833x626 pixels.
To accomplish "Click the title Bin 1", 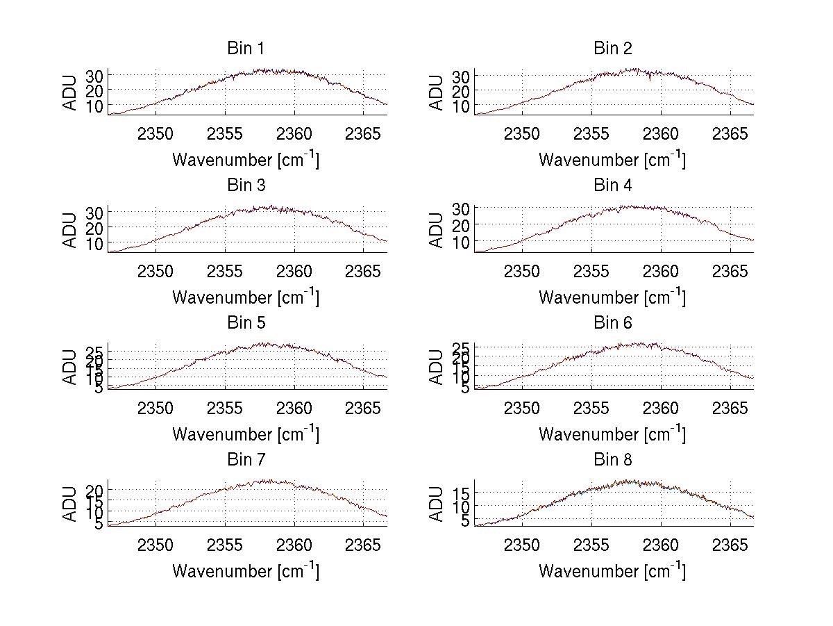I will (245, 49).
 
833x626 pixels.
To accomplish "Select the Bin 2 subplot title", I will (613, 49).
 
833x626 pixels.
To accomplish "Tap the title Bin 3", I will (245, 186).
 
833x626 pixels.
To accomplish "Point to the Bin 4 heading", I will (613, 186).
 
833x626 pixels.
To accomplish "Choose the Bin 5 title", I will (245, 323).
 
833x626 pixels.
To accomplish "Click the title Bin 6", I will (613, 323).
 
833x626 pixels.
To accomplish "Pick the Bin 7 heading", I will (245, 460).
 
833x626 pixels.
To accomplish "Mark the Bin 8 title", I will (613, 460).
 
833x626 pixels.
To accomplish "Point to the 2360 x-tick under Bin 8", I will (661, 545).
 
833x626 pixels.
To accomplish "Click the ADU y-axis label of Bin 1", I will (71, 92).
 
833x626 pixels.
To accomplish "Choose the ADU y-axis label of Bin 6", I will (437, 366).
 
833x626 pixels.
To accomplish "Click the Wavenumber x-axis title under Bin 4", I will (612, 297).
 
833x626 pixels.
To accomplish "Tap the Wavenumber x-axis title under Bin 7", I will (245, 571).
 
